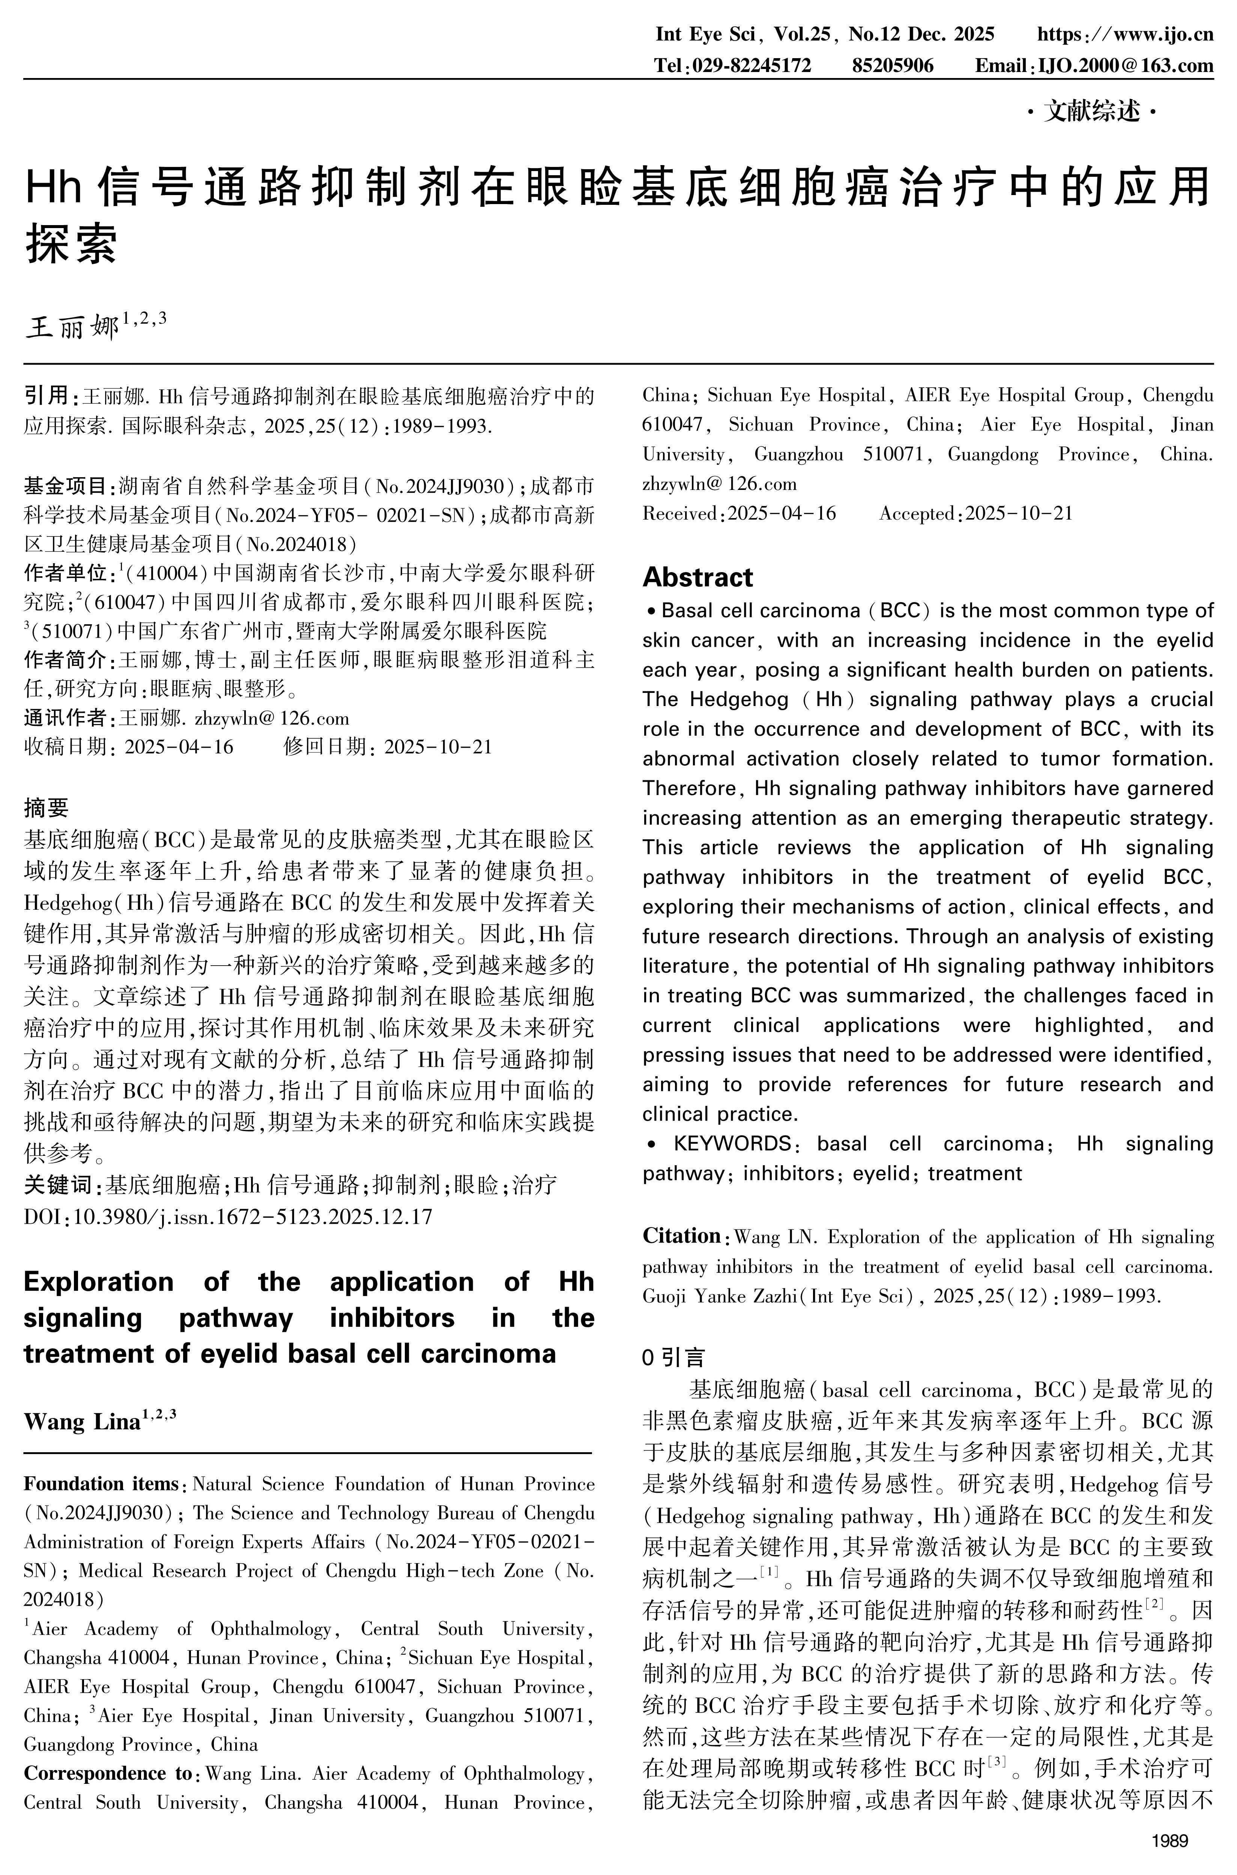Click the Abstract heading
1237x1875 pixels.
pos(697,577)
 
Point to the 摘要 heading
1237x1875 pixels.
pos(47,808)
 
